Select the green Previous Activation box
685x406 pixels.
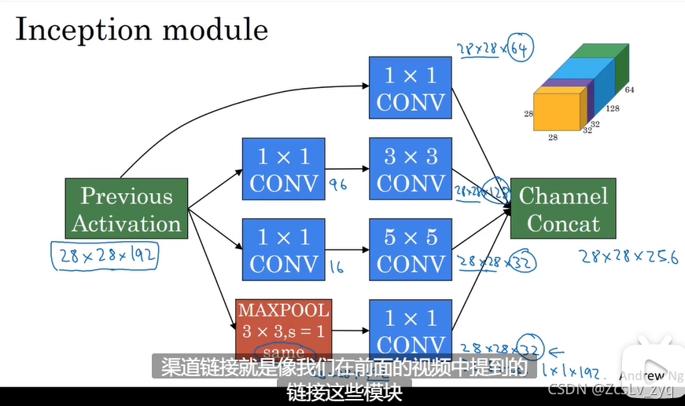pos(127,210)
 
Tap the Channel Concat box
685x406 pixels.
pos(563,210)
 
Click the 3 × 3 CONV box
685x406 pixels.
pos(411,170)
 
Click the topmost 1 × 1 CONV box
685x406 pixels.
pos(411,89)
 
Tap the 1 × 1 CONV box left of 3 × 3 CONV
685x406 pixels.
pos(283,170)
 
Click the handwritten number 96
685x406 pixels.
pos(338,186)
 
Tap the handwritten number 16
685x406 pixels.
pos(337,267)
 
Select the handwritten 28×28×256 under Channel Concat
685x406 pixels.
pos(628,256)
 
